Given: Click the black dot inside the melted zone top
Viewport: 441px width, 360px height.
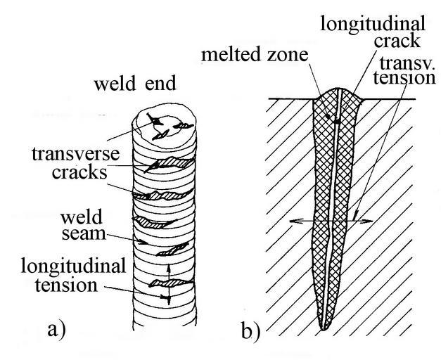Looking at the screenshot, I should click(338, 122).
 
